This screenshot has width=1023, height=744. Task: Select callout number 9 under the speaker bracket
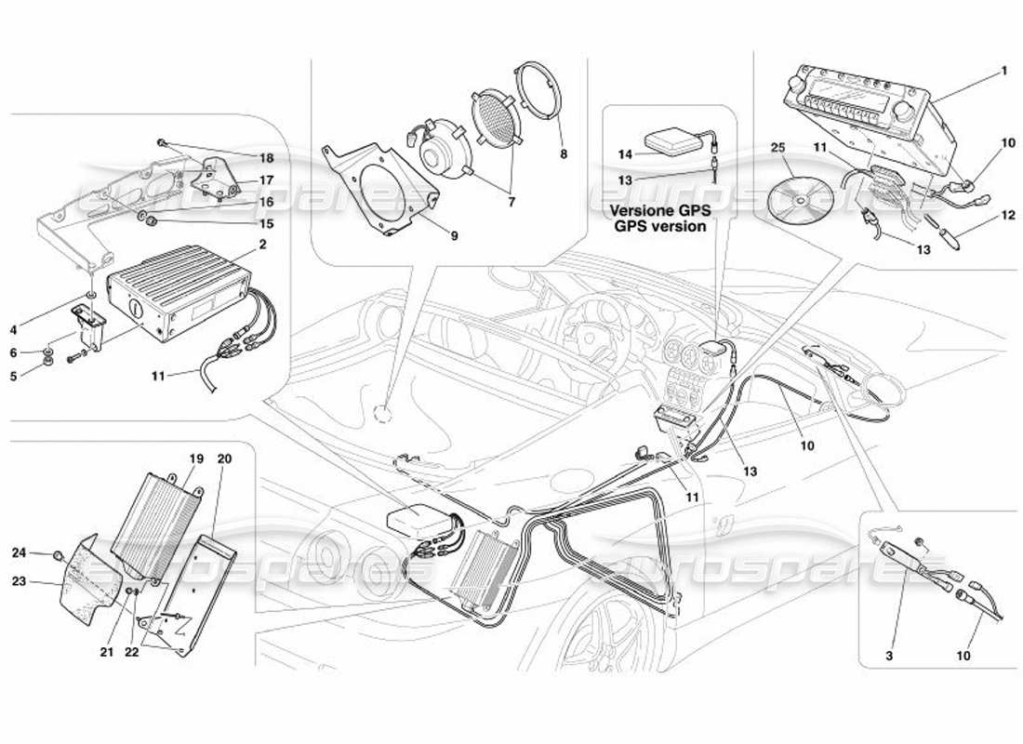point(454,236)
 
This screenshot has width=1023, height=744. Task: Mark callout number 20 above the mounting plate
point(223,458)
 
